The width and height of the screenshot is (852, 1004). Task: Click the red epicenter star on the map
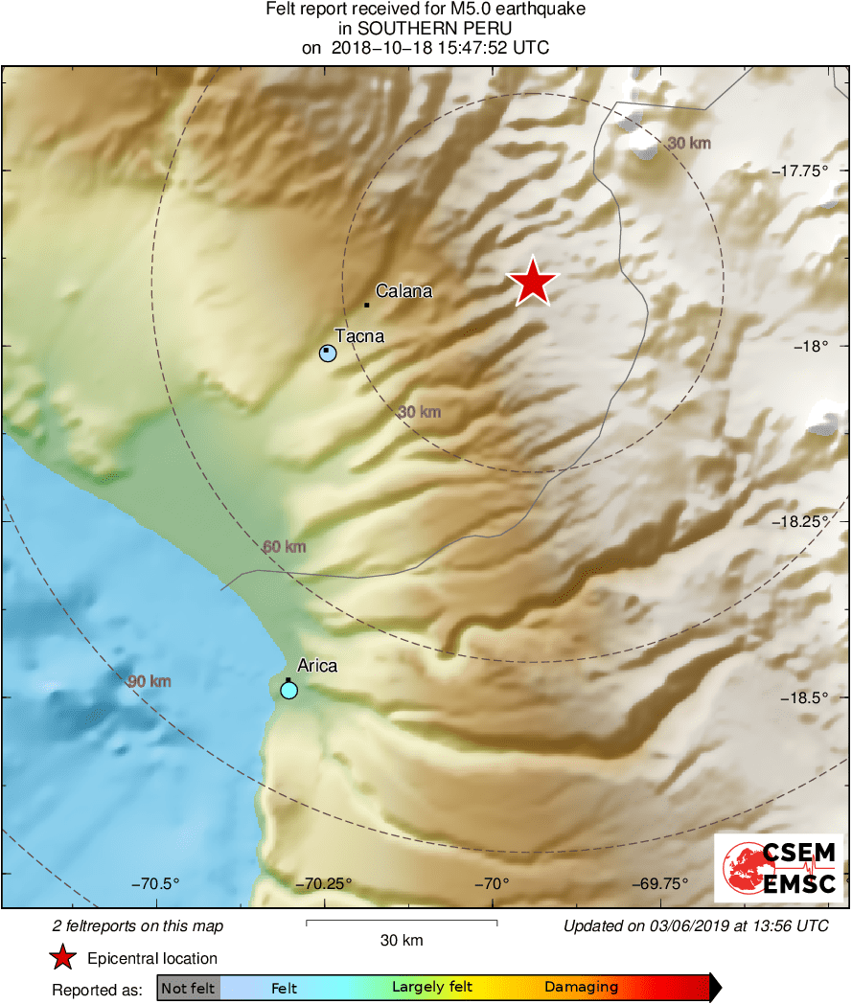pos(532,282)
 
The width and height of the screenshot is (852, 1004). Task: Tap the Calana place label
pos(403,291)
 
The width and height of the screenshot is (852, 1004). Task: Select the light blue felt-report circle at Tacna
pos(328,354)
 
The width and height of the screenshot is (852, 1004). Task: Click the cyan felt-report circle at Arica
pos(288,690)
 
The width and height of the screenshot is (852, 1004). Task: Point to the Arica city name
pos(317,666)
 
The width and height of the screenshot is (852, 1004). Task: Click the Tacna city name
pos(359,336)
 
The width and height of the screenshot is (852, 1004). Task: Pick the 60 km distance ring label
pos(285,547)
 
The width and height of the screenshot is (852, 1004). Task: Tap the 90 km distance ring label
pos(150,681)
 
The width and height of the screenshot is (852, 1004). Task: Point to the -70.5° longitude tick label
pos(156,883)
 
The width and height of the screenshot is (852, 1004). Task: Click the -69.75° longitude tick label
pos(660,883)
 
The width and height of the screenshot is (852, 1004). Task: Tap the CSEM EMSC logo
pos(779,868)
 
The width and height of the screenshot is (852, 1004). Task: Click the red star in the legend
pos(63,959)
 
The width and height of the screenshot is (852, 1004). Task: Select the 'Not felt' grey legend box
pos(188,988)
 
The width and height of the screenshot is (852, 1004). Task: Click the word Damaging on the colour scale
pos(581,988)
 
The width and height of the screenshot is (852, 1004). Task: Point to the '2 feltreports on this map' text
pos(138,926)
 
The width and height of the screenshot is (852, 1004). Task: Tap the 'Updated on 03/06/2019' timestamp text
pos(696,926)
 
